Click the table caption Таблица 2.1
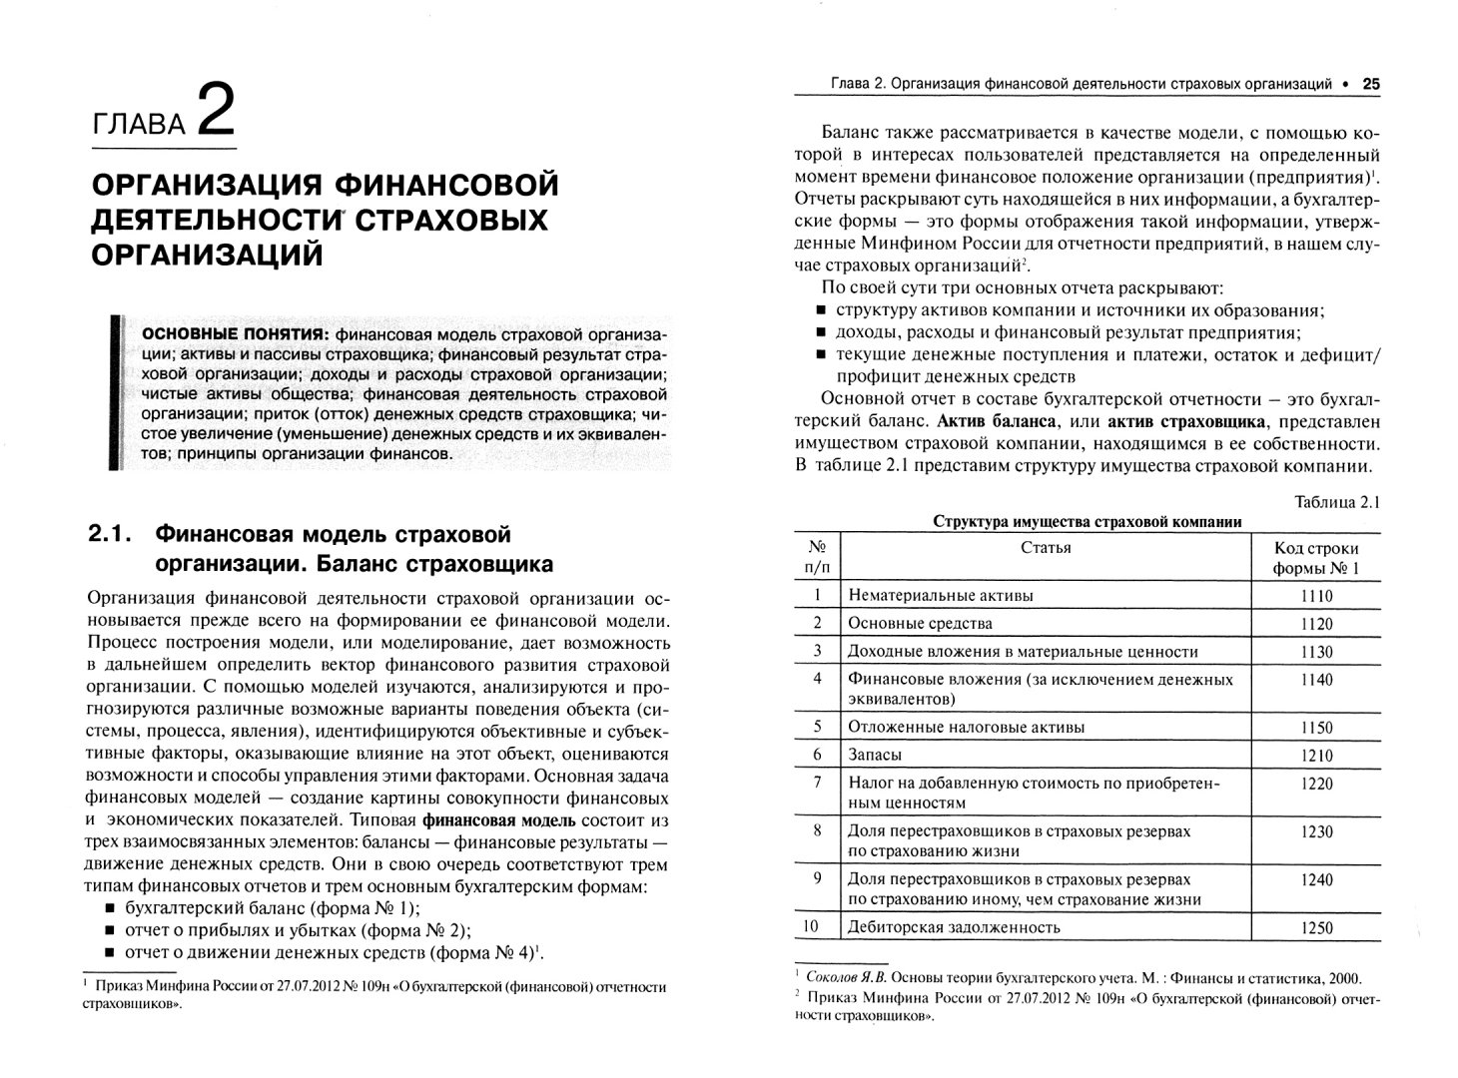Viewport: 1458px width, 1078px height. point(1336,502)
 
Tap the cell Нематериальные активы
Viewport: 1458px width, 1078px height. point(940,596)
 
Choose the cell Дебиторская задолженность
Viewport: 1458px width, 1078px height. point(953,927)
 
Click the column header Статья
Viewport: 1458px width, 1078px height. point(1046,548)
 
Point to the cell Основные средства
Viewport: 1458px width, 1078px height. point(920,624)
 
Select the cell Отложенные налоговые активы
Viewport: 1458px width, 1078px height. point(966,728)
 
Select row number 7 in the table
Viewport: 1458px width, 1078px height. point(817,784)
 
